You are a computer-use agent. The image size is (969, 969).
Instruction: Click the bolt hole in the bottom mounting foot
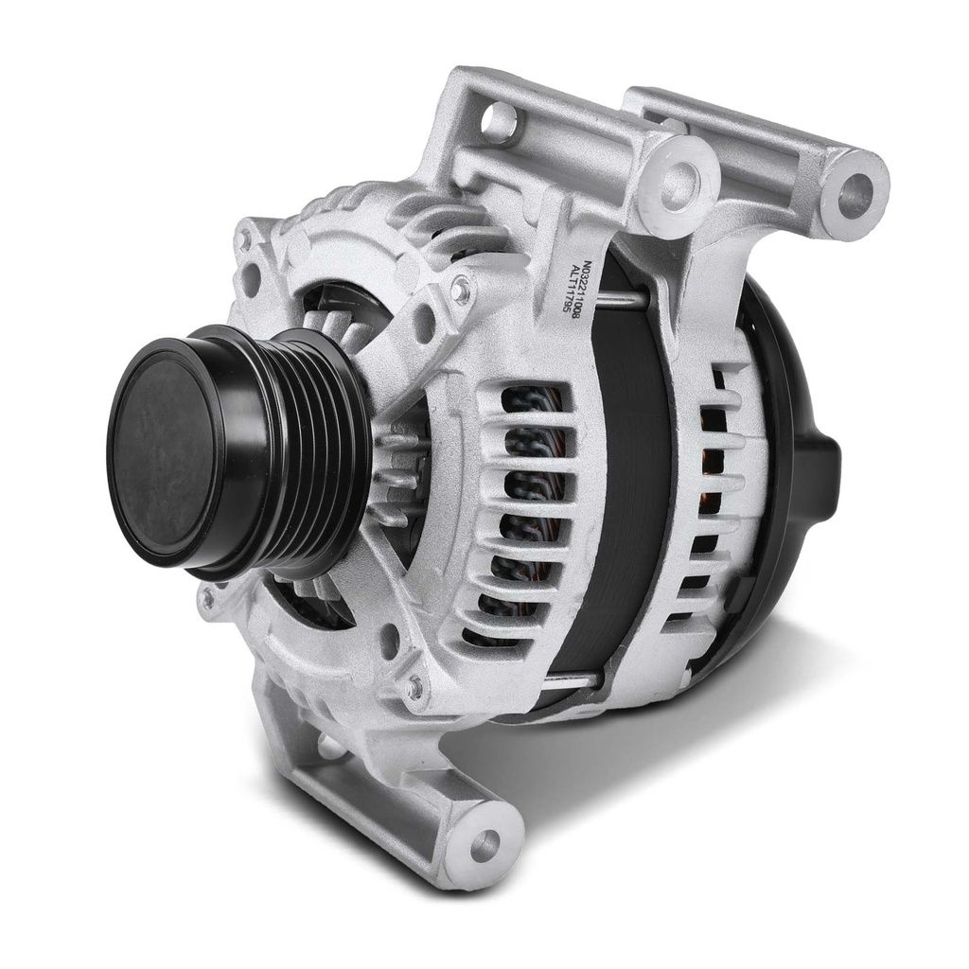pos(485,843)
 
